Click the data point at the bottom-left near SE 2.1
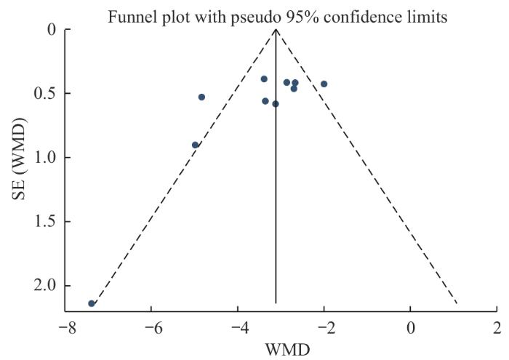[92, 303]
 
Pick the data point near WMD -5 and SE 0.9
[195, 145]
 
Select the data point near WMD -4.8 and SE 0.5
[201, 97]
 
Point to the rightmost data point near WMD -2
[324, 84]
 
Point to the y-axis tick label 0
[51, 30]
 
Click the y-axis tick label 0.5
[45, 94]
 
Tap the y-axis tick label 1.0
[45, 158]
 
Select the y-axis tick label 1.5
[45, 222]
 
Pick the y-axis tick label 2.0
[45, 286]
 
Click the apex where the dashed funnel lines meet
[276, 30]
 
